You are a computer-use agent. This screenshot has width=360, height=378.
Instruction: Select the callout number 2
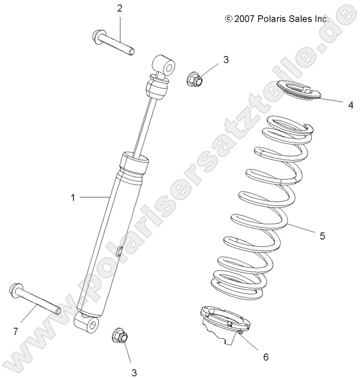point(119,8)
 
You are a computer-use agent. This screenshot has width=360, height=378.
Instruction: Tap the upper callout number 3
point(226,59)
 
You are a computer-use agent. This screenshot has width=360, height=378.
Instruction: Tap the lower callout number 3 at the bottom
point(134,372)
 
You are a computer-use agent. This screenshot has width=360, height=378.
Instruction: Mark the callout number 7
point(16,332)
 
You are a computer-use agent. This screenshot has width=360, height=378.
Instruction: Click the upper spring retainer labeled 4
point(300,91)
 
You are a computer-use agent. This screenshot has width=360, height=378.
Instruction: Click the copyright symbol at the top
point(228,18)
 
